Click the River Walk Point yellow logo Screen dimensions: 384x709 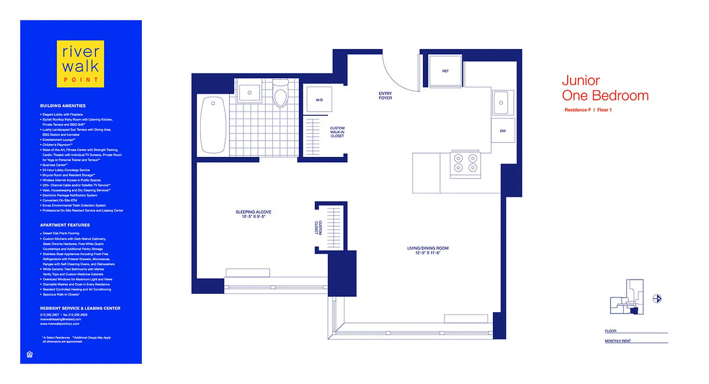click(80, 64)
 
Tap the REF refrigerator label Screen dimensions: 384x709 click(445, 71)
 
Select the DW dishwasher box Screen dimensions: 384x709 click(502, 131)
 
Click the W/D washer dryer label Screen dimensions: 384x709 click(319, 100)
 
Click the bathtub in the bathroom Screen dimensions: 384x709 click(213, 125)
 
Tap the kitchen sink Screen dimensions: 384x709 click(501, 103)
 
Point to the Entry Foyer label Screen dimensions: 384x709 click(385, 96)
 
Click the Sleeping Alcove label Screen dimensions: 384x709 click(250, 214)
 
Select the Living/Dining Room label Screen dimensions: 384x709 click(428, 250)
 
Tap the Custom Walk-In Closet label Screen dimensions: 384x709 click(337, 132)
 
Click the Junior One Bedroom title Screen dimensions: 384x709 click(605, 88)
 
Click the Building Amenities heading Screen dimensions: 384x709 click(62, 106)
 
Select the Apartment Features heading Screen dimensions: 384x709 click(65, 225)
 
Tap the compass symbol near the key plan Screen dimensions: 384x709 click(657, 299)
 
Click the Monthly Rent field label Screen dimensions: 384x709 click(618, 341)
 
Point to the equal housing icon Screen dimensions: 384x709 click(29, 355)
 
